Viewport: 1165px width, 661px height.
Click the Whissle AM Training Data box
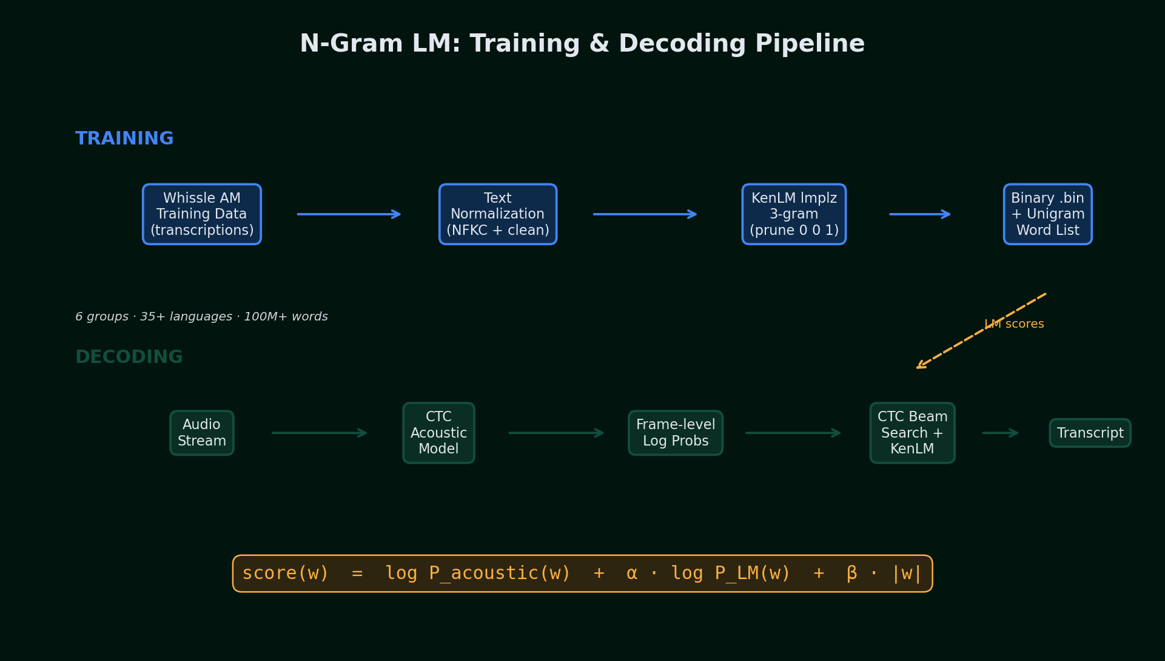click(202, 214)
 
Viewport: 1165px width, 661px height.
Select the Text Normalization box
click(498, 214)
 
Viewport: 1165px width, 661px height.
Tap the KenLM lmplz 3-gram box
click(794, 214)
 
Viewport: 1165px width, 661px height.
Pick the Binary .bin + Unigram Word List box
click(1047, 214)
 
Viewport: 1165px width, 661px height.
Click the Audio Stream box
click(202, 433)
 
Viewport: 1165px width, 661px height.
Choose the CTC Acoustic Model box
click(438, 433)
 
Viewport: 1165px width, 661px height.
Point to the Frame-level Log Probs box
click(676, 433)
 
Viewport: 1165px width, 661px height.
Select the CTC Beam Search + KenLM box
click(912, 433)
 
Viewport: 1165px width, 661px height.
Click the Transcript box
click(1090, 433)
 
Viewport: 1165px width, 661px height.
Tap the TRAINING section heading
click(124, 138)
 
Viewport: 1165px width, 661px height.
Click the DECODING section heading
click(129, 357)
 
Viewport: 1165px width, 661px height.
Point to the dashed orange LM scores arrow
click(958, 345)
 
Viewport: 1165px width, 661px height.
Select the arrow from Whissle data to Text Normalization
click(349, 214)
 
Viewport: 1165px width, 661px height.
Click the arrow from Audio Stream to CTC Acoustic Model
click(319, 433)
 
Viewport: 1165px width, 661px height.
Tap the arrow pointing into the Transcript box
click(1000, 433)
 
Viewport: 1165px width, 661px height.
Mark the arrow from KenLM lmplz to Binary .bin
click(919, 214)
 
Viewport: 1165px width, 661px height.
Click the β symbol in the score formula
click(851, 573)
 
